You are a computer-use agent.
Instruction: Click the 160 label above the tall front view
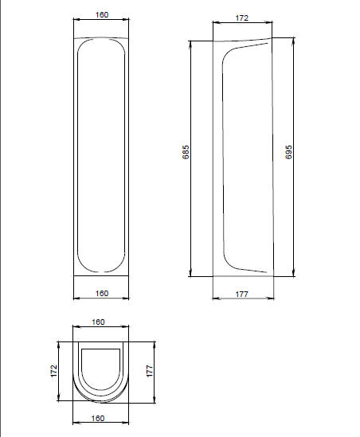102,15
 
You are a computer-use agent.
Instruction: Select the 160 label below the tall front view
102,294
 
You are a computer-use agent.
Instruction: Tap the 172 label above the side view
242,18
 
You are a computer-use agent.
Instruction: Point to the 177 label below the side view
242,295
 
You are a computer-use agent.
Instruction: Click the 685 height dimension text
186,152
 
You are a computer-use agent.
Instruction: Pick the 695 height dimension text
288,152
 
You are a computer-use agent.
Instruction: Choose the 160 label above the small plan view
98,322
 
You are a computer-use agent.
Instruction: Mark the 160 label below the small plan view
98,419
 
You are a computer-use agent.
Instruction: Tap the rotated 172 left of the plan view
53,371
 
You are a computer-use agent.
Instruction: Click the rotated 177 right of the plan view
150,371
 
